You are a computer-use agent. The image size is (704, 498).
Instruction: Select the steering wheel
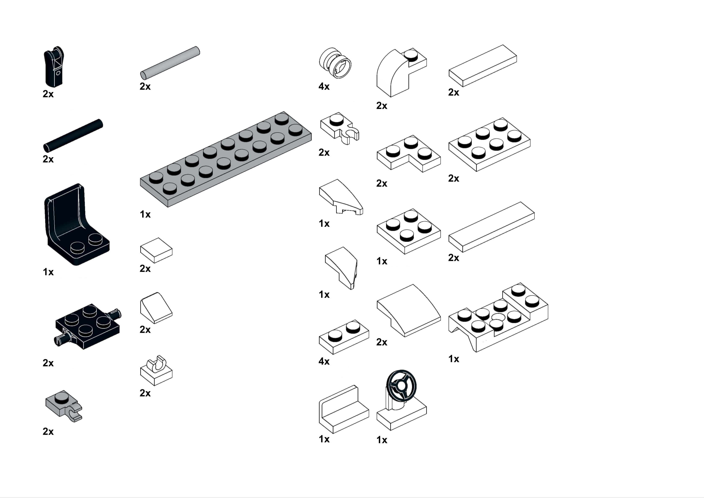click(x=401, y=385)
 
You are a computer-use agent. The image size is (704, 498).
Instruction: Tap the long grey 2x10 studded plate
click(x=226, y=159)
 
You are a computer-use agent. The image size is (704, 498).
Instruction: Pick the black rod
click(x=73, y=136)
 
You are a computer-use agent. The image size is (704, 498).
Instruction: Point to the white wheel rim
click(x=335, y=63)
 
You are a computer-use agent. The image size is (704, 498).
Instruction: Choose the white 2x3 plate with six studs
click(x=489, y=144)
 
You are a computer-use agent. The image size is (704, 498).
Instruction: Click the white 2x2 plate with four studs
click(x=409, y=231)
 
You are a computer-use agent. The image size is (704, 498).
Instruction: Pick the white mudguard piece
click(x=498, y=317)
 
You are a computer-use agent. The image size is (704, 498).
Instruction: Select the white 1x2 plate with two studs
click(x=344, y=337)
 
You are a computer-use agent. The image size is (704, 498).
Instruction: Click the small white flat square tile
click(x=156, y=250)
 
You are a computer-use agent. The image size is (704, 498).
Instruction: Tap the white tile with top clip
click(x=156, y=370)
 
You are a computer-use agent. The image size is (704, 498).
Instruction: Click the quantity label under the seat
click(x=48, y=272)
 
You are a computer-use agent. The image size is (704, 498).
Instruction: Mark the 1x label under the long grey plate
click(x=145, y=214)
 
